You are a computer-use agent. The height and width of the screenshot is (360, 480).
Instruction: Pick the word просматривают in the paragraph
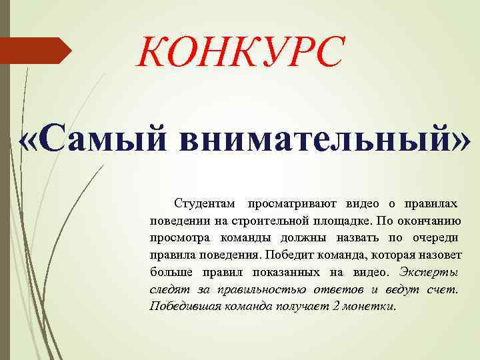(x=293, y=203)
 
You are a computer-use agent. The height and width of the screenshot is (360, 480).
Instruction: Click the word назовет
(x=440, y=255)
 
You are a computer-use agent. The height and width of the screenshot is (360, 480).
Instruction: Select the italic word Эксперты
(x=429, y=272)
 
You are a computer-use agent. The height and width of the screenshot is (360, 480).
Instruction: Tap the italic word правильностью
(x=251, y=289)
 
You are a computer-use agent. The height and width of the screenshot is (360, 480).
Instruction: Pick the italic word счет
(x=444, y=289)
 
